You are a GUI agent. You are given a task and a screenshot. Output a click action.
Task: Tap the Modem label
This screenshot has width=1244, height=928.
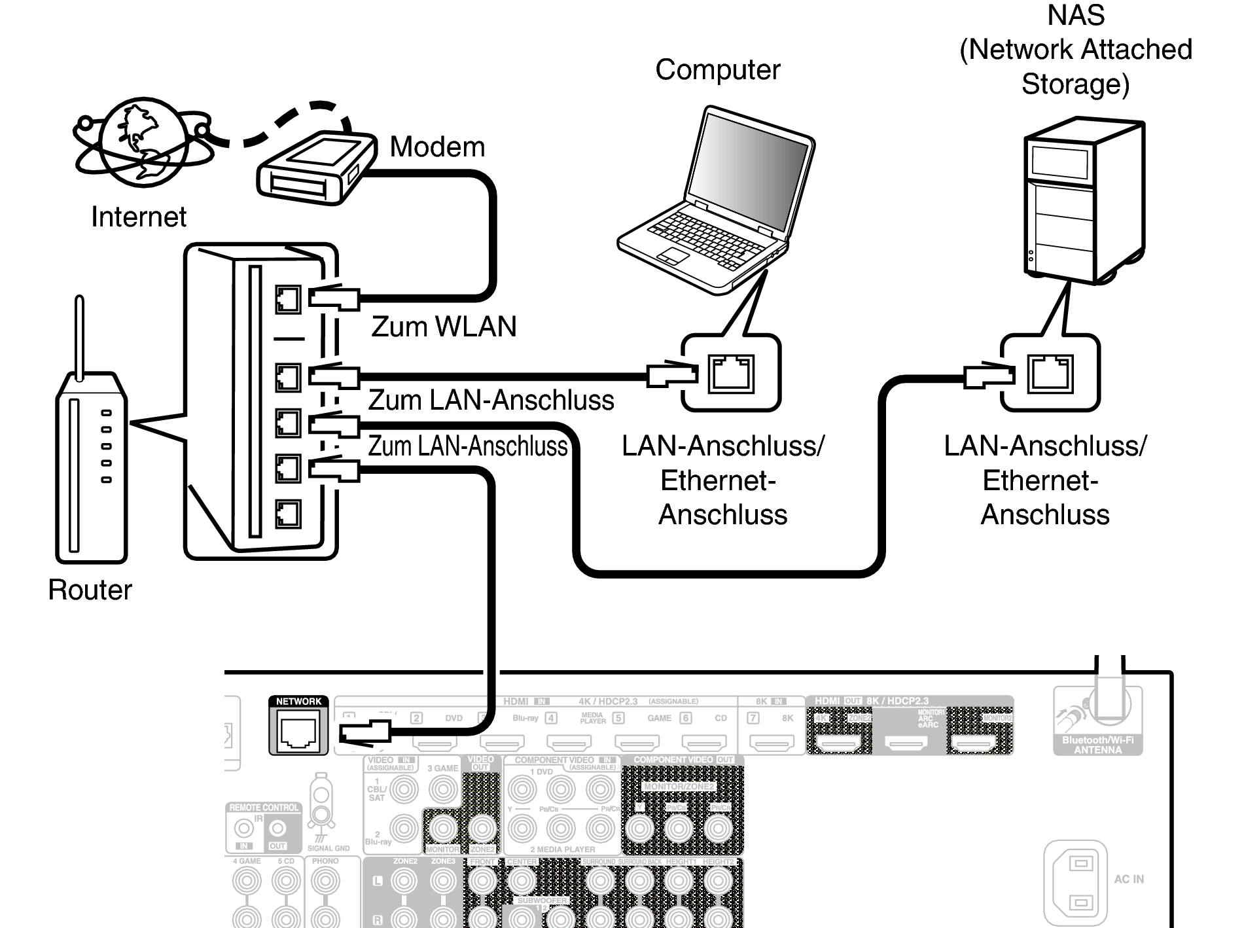pyautogui.click(x=437, y=147)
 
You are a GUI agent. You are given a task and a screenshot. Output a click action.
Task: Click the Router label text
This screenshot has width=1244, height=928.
pyautogui.click(x=90, y=590)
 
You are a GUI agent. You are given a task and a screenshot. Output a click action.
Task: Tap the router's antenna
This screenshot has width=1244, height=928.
pyautogui.click(x=80, y=337)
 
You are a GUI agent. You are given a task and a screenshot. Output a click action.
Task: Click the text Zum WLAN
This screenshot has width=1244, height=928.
pyautogui.click(x=444, y=327)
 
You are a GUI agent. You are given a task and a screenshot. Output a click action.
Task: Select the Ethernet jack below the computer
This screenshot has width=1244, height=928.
pyautogui.click(x=731, y=374)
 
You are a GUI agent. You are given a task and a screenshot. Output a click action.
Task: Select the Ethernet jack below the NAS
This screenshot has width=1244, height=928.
pyautogui.click(x=1050, y=374)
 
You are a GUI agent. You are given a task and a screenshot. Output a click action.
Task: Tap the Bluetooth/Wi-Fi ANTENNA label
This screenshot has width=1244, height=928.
pyautogui.click(x=1097, y=745)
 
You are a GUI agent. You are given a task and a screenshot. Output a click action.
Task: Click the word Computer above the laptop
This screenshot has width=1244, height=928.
pyautogui.click(x=717, y=69)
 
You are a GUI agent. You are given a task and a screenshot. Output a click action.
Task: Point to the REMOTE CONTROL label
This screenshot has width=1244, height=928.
pyautogui.click(x=264, y=808)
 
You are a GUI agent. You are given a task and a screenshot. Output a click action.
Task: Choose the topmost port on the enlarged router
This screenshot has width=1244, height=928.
pyautogui.click(x=288, y=299)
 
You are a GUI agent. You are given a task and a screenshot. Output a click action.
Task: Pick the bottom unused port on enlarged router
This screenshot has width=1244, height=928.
pyautogui.click(x=288, y=514)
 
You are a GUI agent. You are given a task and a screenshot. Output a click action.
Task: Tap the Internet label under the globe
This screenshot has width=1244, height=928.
pyautogui.click(x=138, y=217)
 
